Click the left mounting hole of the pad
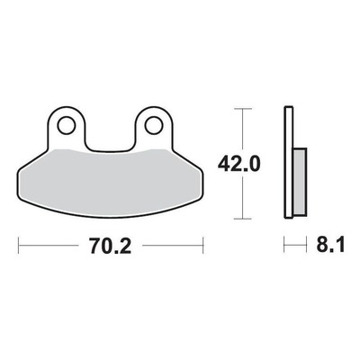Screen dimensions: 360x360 coord(67,125)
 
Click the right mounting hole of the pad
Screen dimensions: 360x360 coord(154,125)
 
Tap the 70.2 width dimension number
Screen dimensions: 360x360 coord(111,246)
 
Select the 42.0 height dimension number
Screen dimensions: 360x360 coord(238,164)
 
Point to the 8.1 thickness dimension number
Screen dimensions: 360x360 coord(330,245)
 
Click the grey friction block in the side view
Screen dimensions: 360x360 coord(301,182)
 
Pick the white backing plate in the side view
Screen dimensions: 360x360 coord(289,162)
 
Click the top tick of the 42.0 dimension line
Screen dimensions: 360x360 coord(242,108)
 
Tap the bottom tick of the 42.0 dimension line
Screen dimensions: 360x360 coord(242,219)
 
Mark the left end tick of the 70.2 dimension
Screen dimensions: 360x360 coord(19,246)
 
